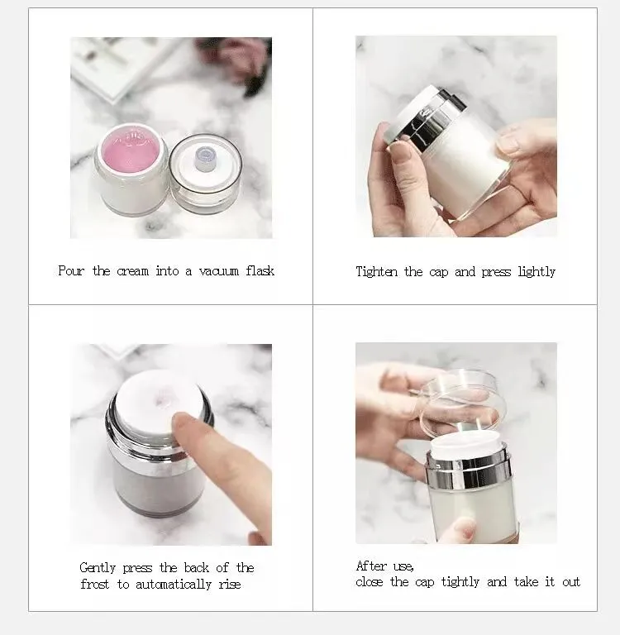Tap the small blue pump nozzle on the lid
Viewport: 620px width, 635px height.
[205, 155]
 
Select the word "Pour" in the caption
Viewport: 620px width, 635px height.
[71, 271]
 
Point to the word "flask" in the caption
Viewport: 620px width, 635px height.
[260, 271]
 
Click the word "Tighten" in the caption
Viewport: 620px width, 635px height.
[377, 271]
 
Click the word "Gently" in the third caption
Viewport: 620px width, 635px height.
[99, 568]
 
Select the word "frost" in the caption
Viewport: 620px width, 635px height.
[95, 584]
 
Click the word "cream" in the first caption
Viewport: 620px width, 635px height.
[132, 271]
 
